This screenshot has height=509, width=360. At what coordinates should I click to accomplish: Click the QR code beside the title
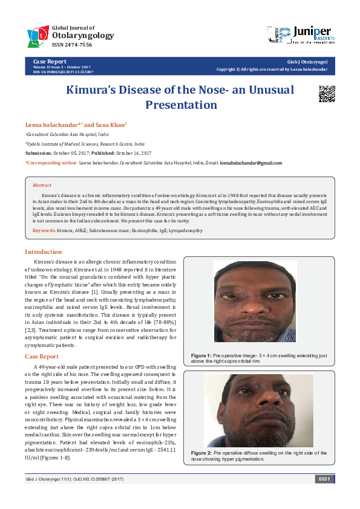(327, 94)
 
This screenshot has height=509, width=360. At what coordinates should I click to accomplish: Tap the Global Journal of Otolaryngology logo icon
(39, 36)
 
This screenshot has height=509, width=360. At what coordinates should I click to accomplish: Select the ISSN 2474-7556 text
(73, 45)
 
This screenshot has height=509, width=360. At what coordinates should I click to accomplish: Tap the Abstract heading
(42, 186)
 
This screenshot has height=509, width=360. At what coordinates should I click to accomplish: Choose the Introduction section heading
(43, 251)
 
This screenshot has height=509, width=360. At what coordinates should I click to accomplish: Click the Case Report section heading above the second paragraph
(42, 357)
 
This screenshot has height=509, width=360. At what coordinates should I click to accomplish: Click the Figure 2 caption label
(201, 452)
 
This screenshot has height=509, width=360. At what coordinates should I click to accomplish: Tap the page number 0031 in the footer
(323, 479)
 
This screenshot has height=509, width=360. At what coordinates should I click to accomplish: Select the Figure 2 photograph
(258, 410)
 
